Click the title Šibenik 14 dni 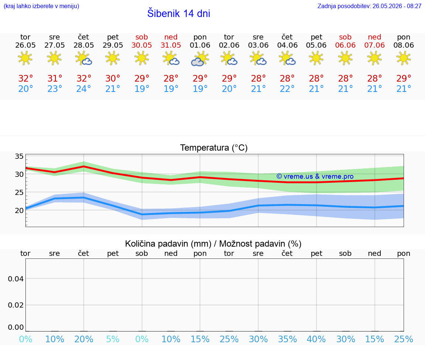click(179, 13)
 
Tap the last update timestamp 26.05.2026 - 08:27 click(397, 6)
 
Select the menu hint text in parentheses click(41, 6)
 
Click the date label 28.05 click(84, 45)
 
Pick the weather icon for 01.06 click(200, 59)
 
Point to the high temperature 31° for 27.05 click(55, 78)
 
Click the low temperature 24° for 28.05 click(84, 89)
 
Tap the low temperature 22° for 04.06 click(287, 89)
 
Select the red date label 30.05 click(142, 45)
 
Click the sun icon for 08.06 click(404, 58)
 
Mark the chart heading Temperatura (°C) click(214, 148)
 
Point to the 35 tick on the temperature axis click(19, 156)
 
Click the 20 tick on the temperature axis click(19, 210)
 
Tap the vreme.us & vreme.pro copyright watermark click(315, 176)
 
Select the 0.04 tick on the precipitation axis click(16, 279)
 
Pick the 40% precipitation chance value click(316, 339)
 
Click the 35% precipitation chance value click(287, 339)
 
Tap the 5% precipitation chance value click(113, 339)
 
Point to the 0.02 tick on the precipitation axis click(16, 305)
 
